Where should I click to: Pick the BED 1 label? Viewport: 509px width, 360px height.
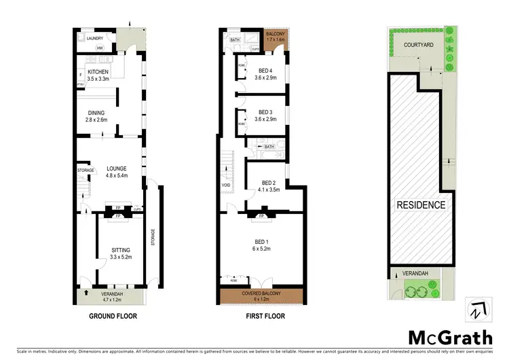click(261, 245)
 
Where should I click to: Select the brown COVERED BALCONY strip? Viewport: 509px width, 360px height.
click(261, 295)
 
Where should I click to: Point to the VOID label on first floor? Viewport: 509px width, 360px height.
click(226, 185)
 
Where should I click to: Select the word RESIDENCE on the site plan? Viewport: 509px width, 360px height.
click(421, 205)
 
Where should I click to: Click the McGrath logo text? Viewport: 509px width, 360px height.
click(447, 338)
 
